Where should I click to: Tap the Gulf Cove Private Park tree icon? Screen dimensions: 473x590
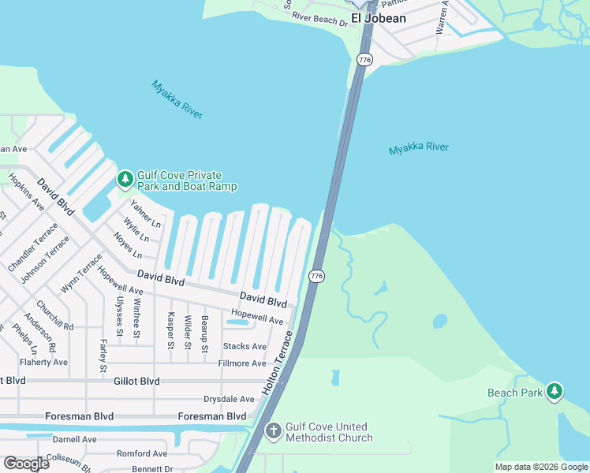(125, 181)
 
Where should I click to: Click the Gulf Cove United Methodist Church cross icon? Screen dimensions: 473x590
(273, 431)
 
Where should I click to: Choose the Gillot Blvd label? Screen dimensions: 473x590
(136, 381)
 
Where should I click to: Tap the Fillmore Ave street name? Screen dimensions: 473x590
(242, 363)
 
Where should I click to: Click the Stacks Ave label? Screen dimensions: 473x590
(245, 346)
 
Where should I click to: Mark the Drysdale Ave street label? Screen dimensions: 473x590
(229, 399)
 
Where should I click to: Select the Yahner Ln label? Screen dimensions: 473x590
(145, 214)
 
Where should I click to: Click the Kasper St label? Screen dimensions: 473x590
(170, 330)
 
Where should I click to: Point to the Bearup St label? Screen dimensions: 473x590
(204, 333)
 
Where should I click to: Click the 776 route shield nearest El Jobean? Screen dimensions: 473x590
(364, 60)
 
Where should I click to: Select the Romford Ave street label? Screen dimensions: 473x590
(142, 453)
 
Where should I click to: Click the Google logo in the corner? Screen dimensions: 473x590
(26, 464)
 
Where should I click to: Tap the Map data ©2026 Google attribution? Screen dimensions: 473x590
(540, 467)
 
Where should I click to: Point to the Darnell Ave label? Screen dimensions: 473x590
(74, 439)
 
